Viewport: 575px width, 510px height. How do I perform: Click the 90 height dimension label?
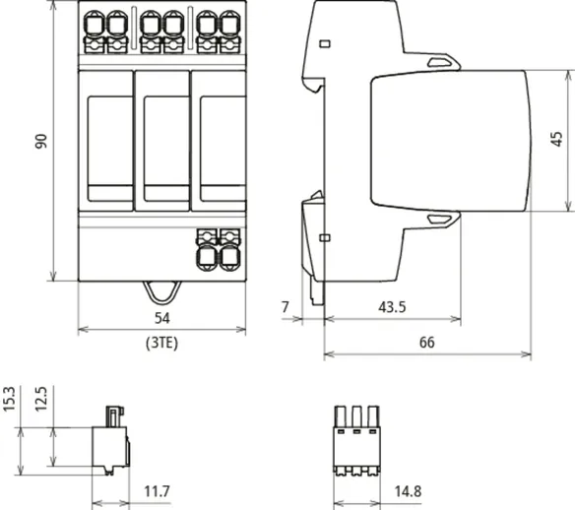coord(41,141)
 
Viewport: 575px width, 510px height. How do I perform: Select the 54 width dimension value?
coord(162,318)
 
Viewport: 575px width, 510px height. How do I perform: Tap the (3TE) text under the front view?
coord(161,343)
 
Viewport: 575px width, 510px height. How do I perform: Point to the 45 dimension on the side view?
coord(556,139)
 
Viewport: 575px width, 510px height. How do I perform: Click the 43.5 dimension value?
coord(392,307)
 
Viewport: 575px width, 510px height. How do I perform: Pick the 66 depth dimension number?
coord(427,343)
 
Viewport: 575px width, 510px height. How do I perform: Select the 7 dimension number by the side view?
coord(286,307)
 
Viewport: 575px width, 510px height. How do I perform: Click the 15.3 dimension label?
coord(9,399)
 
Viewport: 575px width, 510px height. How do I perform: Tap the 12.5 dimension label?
coord(41,399)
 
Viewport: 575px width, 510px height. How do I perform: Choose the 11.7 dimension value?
coord(157,491)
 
